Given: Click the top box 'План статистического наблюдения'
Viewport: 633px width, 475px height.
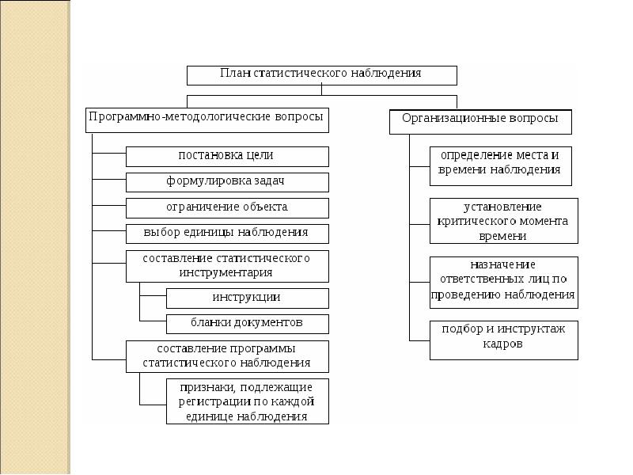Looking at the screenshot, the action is tap(322, 75).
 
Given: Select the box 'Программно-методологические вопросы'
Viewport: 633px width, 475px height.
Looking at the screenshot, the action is tap(207, 120).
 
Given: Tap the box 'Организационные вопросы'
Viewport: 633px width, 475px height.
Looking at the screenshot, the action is tap(480, 122).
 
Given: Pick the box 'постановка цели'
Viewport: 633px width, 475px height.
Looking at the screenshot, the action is tap(227, 157).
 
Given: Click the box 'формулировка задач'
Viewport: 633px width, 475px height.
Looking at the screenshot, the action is tap(227, 183).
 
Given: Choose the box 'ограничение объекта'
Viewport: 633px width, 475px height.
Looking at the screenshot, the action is tap(227, 208).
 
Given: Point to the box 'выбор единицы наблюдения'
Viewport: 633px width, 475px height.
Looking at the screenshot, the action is tap(227, 234).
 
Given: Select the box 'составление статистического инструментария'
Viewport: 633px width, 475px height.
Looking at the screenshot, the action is tap(227, 267).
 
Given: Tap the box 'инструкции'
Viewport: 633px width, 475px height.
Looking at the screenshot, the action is tap(248, 298).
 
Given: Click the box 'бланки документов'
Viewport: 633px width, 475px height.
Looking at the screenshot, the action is tap(248, 324).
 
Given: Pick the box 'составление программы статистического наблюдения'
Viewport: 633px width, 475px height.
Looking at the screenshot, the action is tap(227, 357).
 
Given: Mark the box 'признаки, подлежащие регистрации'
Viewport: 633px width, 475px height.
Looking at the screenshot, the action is tap(248, 401).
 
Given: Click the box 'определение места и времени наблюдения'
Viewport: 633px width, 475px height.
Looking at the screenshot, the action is tap(501, 166).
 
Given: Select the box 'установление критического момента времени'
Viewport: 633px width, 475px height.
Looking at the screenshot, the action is tap(504, 221).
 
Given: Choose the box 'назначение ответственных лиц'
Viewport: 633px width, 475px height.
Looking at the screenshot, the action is tap(504, 283).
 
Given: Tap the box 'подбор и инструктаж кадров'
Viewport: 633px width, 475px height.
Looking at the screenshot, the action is tap(504, 340).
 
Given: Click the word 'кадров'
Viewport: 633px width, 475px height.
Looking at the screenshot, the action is tap(502, 344).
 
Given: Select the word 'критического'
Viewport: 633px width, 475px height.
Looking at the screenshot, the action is tap(477, 222).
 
